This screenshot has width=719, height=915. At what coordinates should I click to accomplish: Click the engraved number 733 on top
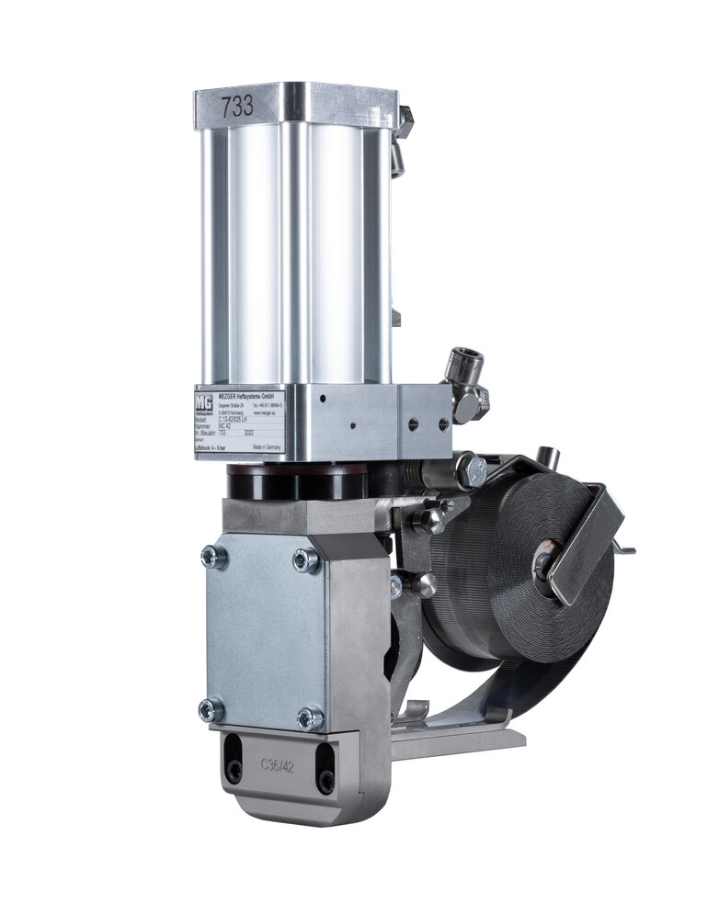[x=235, y=105]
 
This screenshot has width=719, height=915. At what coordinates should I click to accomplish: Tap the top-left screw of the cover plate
[x=214, y=556]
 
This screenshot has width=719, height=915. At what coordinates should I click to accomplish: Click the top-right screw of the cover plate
[x=305, y=560]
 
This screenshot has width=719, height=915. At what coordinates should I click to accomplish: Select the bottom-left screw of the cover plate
[x=211, y=708]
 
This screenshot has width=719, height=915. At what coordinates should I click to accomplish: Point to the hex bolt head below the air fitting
[x=471, y=470]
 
